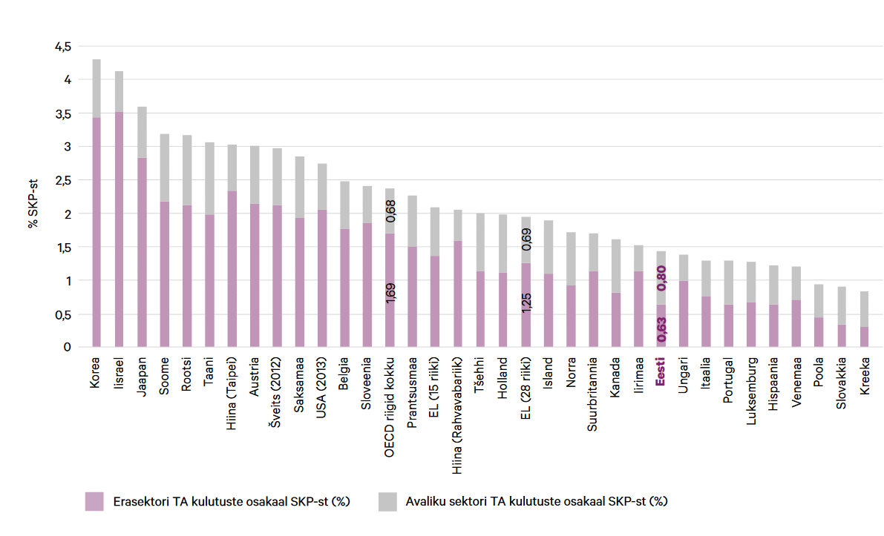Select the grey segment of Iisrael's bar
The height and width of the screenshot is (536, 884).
tap(119, 91)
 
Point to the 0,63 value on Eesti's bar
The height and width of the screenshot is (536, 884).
tap(661, 329)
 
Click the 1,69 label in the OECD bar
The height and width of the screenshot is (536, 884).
tap(390, 292)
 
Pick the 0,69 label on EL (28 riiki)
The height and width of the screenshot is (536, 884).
tap(526, 239)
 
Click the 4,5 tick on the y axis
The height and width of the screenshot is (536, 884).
tap(62, 47)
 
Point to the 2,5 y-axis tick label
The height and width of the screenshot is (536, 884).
tap(62, 180)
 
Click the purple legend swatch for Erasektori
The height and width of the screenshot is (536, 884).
tap(95, 501)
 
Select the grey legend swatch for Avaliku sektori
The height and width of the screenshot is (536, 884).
tap(388, 501)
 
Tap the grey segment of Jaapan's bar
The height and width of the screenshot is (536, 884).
tap(142, 132)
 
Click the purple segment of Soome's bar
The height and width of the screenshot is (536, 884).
tap(164, 274)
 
